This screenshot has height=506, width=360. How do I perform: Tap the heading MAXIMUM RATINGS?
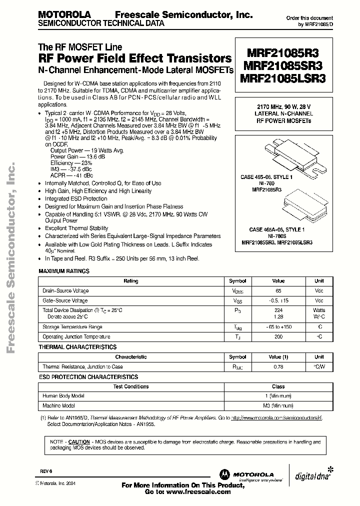point(64,271)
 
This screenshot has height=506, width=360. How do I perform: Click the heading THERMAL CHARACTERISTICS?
point(77,347)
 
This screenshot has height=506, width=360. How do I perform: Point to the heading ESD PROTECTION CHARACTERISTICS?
point(88,376)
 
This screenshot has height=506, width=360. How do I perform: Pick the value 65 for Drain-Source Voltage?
point(278,290)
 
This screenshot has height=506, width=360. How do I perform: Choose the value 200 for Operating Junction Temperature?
point(278,337)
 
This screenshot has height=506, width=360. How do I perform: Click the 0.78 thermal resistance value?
point(278,366)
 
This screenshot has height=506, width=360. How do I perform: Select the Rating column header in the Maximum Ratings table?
point(131,281)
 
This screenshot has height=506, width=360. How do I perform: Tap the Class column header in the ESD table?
point(278,386)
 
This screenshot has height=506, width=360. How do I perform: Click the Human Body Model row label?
point(63,396)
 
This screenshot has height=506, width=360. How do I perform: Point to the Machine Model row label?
point(59,405)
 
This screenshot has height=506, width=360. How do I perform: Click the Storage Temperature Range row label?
point(72,327)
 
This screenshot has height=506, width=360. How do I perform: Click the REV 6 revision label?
point(46,471)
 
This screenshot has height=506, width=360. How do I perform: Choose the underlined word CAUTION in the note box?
point(78,442)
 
